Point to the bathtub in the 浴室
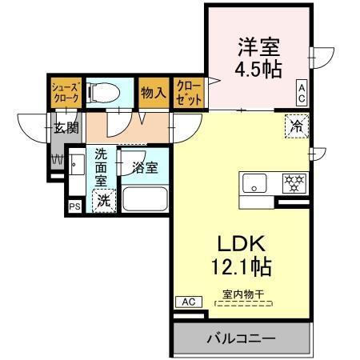144,197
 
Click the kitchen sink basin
254,184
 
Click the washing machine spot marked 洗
103,202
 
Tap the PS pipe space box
74,206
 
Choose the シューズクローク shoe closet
65,91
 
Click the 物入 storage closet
153,93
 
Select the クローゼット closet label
189,93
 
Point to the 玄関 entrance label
66,126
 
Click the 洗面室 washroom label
102,166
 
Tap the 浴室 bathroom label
145,167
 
